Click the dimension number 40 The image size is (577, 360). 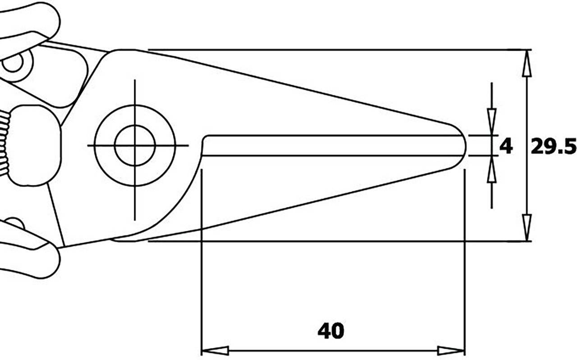click(330, 331)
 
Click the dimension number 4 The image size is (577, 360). click(506, 146)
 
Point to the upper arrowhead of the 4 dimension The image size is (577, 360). click(492, 121)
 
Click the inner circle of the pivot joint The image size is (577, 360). click(135, 145)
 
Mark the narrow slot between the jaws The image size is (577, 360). click(334, 145)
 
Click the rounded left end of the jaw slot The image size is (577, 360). click(206, 145)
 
